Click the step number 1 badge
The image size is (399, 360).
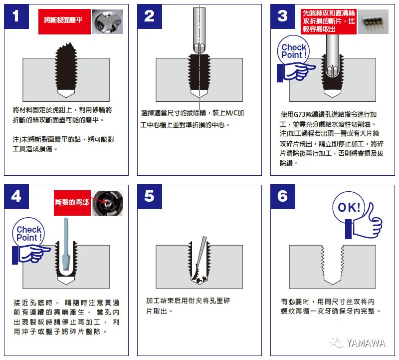(16, 16)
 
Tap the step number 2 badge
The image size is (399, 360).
(150, 16)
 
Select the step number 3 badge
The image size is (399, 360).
(283, 16)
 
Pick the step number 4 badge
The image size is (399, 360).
(16, 197)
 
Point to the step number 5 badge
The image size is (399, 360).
(150, 197)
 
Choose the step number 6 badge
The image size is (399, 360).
(283, 197)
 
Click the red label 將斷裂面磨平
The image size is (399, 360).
(64, 21)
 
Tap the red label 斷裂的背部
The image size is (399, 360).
(72, 203)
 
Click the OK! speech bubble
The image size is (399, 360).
(348, 207)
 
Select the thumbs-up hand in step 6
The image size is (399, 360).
(365, 224)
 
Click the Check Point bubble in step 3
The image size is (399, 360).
(293, 51)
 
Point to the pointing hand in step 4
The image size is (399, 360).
(31, 254)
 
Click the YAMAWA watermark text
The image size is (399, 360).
(366, 343)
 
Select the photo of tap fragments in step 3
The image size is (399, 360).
(373, 21)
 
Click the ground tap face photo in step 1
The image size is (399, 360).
(107, 21)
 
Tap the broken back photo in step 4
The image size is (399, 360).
(107, 203)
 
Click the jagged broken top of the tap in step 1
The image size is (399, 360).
(66, 48)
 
